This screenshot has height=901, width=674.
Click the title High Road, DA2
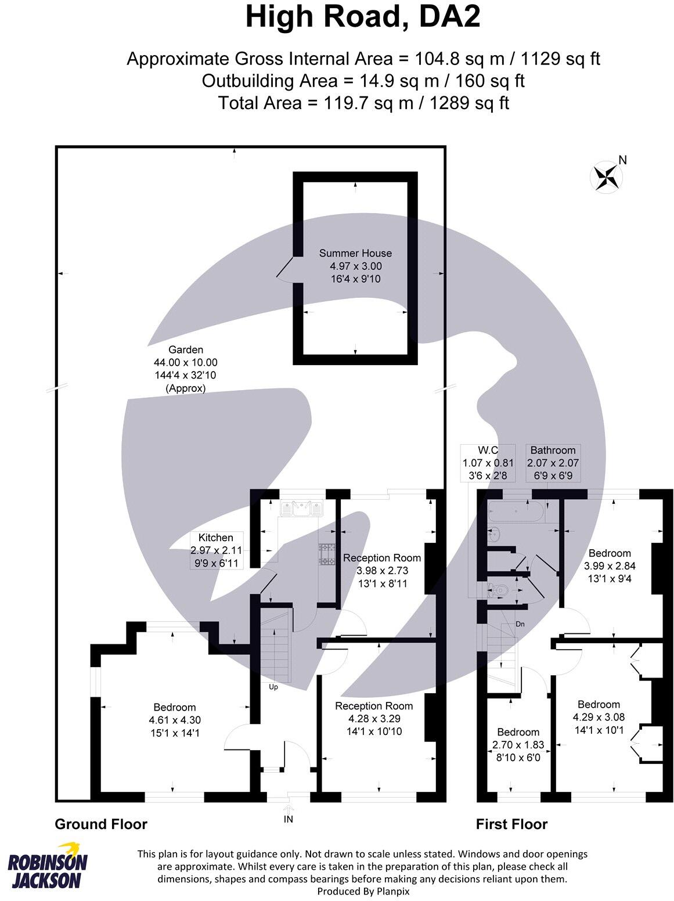[363, 17]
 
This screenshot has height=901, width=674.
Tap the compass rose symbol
[605, 176]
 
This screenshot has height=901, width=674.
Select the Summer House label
[355, 253]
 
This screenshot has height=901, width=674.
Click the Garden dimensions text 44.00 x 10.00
[186, 362]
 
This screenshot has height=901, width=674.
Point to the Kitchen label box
[217, 550]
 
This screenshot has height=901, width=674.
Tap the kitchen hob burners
[328, 554]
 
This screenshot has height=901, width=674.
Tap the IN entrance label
[289, 820]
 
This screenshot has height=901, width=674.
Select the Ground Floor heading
[101, 824]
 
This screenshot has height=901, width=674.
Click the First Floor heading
[511, 824]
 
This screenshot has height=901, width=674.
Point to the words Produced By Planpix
[363, 891]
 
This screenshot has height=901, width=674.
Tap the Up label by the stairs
[273, 687]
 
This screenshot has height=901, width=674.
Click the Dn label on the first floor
[521, 624]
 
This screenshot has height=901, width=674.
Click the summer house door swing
[284, 271]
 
